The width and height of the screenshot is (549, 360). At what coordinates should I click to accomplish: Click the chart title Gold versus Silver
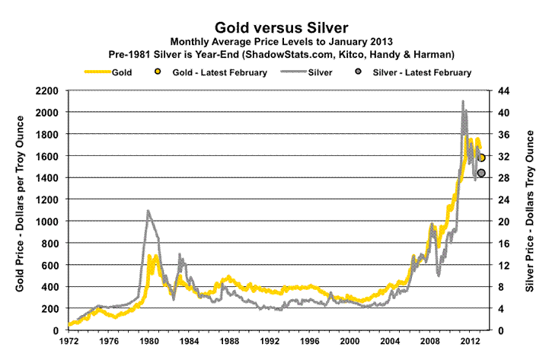pyautogui.click(x=274, y=24)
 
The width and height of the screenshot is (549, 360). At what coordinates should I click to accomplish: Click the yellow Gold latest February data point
pyautogui.click(x=481, y=158)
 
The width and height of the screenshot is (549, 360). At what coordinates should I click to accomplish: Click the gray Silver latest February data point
pyautogui.click(x=481, y=173)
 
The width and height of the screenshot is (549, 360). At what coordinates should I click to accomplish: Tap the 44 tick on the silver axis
pyautogui.click(x=503, y=91)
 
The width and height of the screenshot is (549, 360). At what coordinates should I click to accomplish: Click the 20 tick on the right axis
pyautogui.click(x=503, y=221)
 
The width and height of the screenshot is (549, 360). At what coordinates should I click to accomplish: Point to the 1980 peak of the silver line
pyautogui.click(x=148, y=211)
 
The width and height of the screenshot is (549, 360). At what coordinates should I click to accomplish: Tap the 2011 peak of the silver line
pyautogui.click(x=463, y=101)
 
